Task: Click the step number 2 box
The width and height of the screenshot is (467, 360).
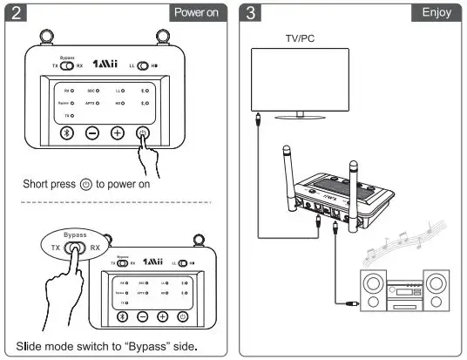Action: click(x=17, y=13)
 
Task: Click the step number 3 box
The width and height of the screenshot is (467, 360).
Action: click(x=251, y=13)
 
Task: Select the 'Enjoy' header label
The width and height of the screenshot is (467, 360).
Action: click(x=436, y=13)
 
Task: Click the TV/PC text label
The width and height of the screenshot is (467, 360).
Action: click(x=304, y=39)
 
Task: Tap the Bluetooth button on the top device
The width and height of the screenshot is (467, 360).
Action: click(x=66, y=133)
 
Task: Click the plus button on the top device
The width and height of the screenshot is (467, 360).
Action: click(x=118, y=133)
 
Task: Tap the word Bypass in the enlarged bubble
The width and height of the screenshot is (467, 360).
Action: click(x=77, y=235)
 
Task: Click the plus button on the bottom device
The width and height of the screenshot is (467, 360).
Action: click(x=162, y=316)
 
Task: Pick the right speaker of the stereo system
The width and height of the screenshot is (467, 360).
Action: click(x=437, y=293)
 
